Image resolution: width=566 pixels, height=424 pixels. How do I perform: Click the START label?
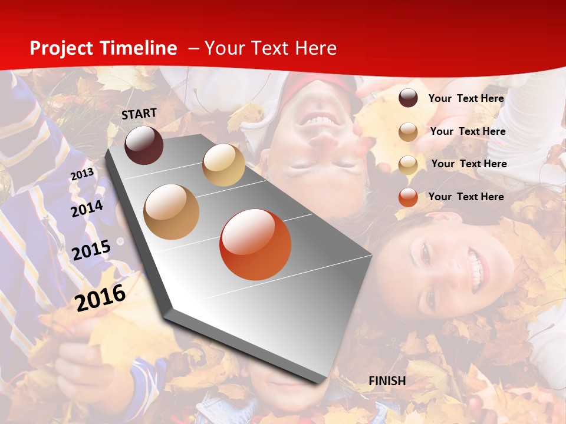(139, 114)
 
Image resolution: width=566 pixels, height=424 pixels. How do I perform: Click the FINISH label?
(387, 381)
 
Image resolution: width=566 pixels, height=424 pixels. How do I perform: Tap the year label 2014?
(87, 209)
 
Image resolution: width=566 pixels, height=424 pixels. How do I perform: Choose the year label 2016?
(100, 297)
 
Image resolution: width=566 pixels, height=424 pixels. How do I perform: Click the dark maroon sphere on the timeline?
(144, 145)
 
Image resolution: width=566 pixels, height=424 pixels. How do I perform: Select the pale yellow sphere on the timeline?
(223, 165)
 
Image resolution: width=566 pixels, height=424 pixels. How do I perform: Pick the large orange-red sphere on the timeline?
(255, 244)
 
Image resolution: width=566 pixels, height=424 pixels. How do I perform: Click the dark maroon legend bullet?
(408, 98)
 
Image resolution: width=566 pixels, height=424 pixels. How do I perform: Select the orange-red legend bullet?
(408, 197)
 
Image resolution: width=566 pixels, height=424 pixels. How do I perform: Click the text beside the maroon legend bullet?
(466, 98)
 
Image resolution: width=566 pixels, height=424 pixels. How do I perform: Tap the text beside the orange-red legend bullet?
(466, 197)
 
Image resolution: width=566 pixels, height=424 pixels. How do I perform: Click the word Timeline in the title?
(139, 48)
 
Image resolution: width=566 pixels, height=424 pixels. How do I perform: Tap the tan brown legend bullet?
(408, 132)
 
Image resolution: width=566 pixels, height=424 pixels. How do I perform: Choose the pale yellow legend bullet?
(408, 164)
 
